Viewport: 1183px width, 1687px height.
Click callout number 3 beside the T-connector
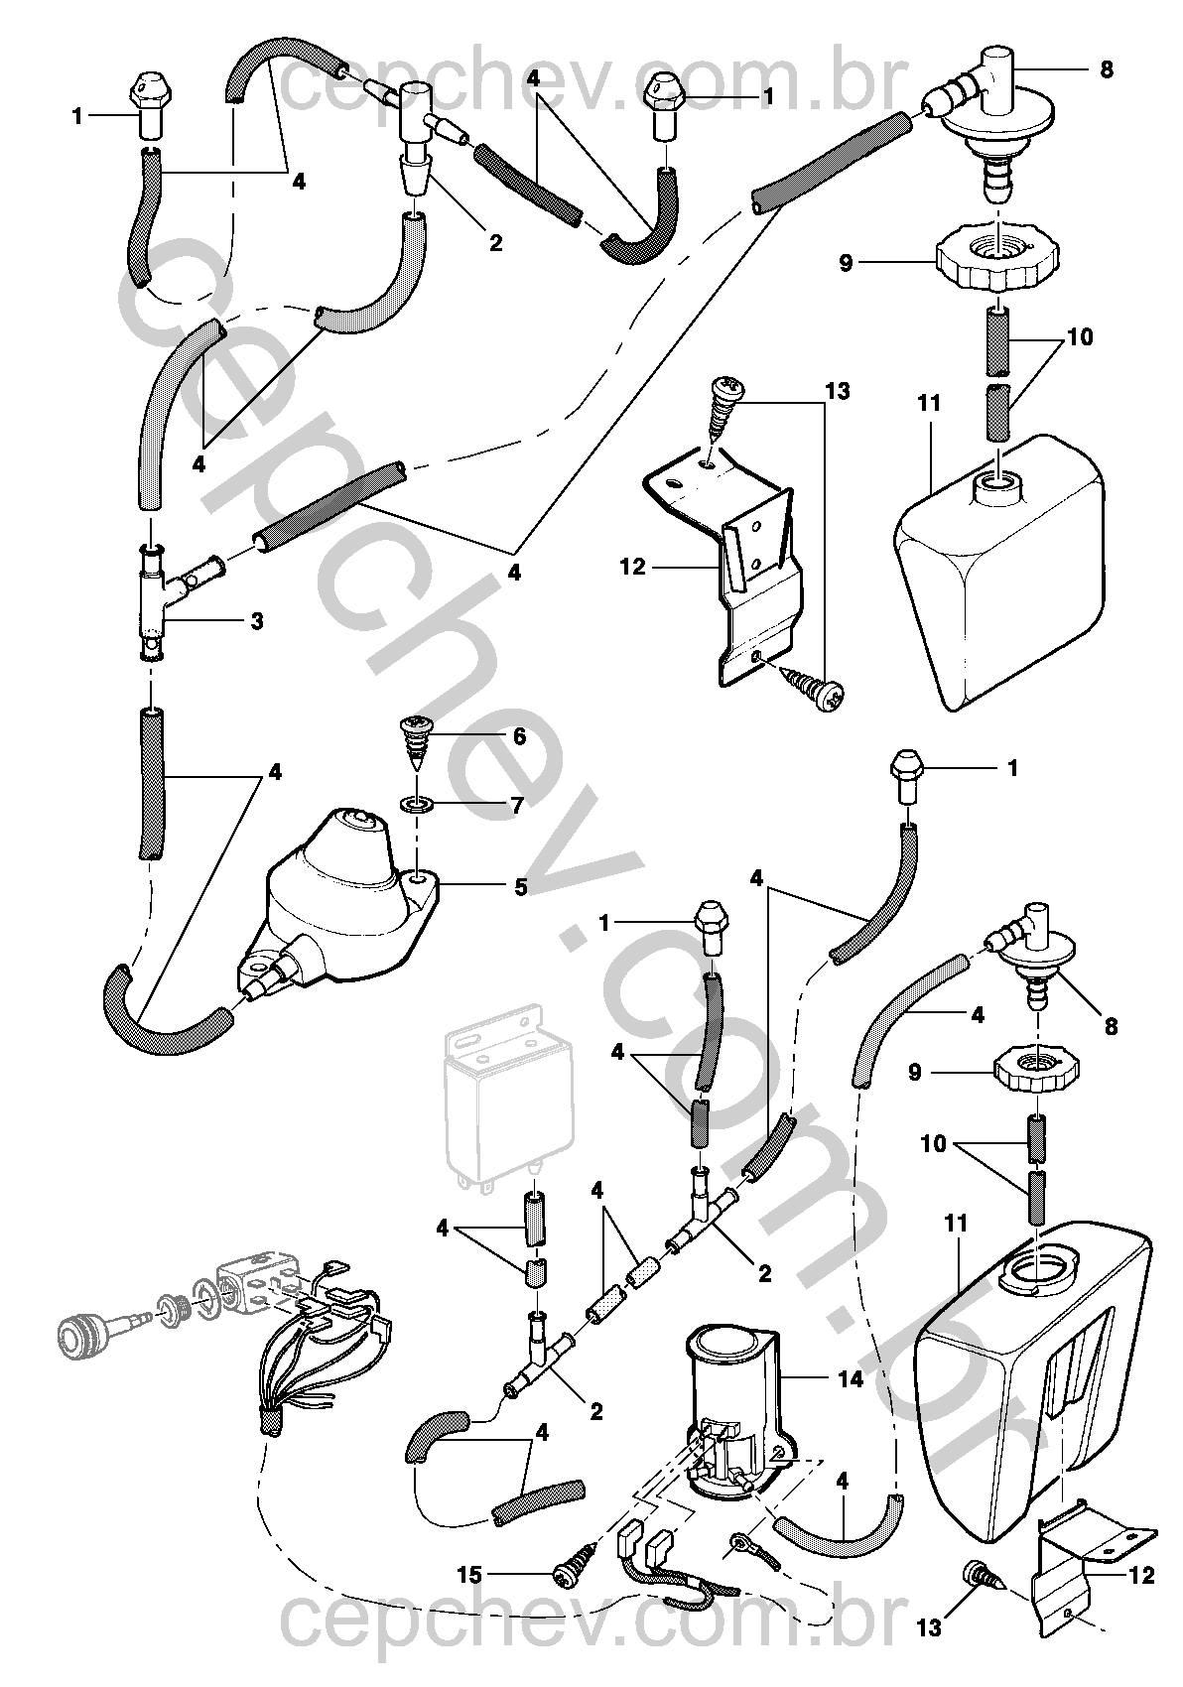(x=256, y=621)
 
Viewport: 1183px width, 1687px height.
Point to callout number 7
(x=515, y=806)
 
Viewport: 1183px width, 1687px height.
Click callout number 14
(x=851, y=1378)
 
